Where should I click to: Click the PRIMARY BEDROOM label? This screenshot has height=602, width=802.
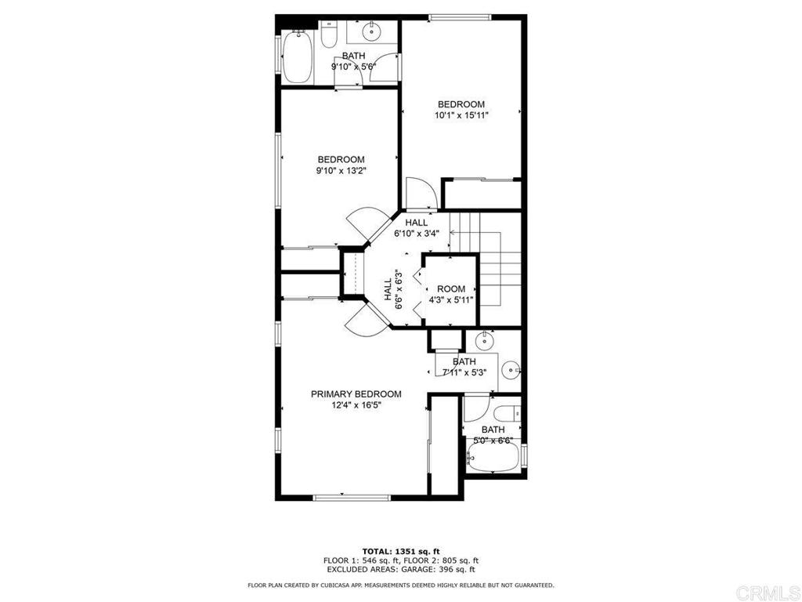356,394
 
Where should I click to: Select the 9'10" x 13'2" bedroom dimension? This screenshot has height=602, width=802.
341,170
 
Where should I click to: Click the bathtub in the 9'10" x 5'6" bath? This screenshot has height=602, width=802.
297,57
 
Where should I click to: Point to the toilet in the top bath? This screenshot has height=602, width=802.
329,34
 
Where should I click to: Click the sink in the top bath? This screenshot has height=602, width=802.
372,32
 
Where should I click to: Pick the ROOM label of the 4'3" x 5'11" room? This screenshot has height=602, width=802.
451,289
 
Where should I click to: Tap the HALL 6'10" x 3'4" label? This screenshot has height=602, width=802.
417,228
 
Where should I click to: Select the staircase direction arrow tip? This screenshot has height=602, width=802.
451,232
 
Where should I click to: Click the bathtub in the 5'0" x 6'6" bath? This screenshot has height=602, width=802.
493,457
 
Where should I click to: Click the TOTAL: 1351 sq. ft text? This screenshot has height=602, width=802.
401,551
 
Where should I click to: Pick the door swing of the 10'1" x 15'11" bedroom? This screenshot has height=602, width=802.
421,194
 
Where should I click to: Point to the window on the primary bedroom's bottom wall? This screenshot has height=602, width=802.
352,496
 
